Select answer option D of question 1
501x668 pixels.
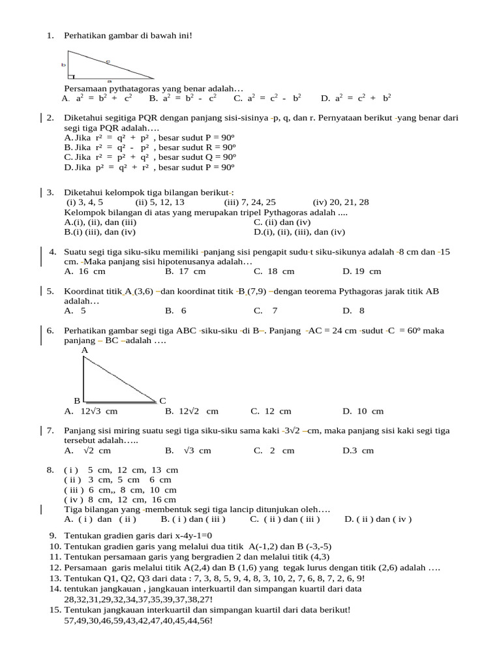356,99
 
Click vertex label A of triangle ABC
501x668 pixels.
85,350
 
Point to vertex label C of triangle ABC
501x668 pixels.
162,400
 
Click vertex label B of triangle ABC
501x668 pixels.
76,400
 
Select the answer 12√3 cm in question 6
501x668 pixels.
91,411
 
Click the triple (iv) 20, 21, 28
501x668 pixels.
341,202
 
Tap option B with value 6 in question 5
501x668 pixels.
175,311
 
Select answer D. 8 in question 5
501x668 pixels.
353,311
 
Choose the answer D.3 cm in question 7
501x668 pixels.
358,451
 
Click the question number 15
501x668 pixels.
55,610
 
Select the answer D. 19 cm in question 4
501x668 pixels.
361,271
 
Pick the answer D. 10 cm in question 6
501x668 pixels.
363,411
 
